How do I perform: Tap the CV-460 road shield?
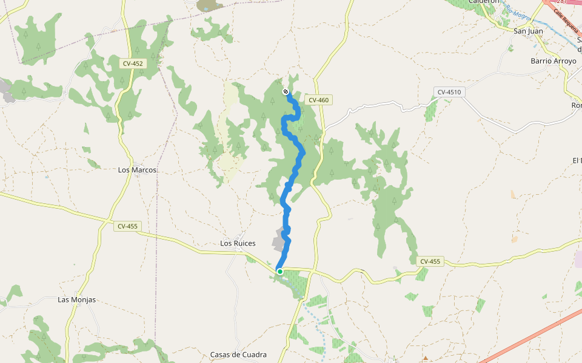[x=318, y=100]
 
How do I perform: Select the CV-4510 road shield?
[x=449, y=92]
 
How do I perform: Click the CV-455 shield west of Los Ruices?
[x=127, y=226]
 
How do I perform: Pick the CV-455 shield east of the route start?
[x=430, y=261]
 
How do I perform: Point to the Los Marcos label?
[x=137, y=170]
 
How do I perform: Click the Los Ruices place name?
[x=238, y=243]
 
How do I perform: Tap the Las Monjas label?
[x=76, y=299]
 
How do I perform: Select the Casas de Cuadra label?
[x=238, y=355]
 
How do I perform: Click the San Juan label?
[x=528, y=31]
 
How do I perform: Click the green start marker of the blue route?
[x=280, y=272]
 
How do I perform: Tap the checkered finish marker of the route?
[x=286, y=91]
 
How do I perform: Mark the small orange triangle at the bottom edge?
[x=426, y=358]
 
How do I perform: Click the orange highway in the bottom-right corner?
[x=533, y=336]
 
